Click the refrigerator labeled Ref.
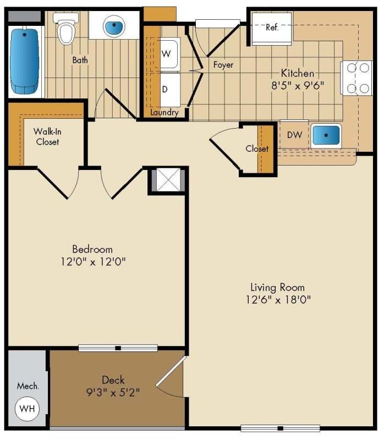click(272, 28)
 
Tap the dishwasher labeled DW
click(294, 134)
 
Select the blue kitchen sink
click(326, 135)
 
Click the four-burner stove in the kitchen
click(357, 78)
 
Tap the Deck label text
click(113, 380)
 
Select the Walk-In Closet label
click(47, 136)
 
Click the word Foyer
click(223, 65)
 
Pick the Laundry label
click(164, 112)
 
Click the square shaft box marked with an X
click(168, 180)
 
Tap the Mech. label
click(28, 386)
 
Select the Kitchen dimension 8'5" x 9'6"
click(298, 85)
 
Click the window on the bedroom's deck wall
click(118, 348)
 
